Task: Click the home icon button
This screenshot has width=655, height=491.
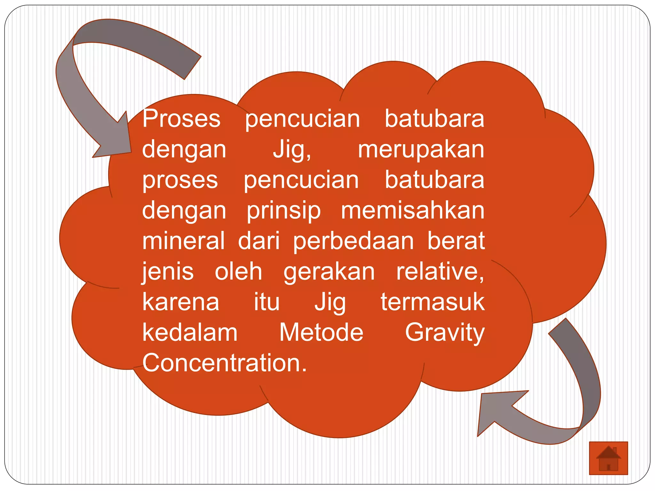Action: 608,458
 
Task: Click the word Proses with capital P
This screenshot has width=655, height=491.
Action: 181,119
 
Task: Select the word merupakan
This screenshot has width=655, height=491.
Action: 421,150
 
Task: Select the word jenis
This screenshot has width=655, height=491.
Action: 168,272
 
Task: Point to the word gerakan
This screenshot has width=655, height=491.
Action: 329,272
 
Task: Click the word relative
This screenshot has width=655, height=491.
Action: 439,272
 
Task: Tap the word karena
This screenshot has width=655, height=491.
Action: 181,302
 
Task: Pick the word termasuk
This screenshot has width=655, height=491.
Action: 432,302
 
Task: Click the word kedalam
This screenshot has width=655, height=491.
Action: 190,333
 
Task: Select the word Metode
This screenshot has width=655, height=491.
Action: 321,333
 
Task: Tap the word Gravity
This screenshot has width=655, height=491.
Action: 445,333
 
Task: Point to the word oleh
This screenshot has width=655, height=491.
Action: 238,272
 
